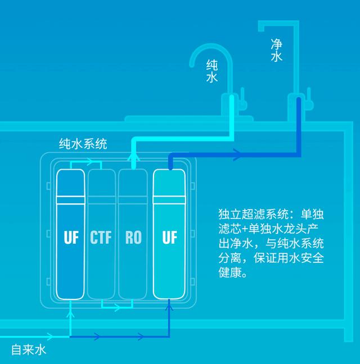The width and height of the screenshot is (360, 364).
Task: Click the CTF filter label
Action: click(x=101, y=237)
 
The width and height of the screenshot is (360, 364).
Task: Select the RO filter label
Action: click(x=133, y=237)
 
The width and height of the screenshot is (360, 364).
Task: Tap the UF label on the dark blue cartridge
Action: click(x=71, y=237)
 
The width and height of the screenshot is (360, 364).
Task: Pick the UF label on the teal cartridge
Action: click(x=169, y=237)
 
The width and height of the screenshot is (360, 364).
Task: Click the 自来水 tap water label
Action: click(x=29, y=350)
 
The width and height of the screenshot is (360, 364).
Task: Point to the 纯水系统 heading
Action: click(x=83, y=144)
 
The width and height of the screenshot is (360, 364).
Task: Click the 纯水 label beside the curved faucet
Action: click(x=211, y=71)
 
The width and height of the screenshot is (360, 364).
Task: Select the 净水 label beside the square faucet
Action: click(x=277, y=50)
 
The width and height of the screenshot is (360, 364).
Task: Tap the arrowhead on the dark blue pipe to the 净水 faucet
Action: click(x=237, y=155)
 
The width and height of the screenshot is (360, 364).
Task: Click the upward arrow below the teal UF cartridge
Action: click(x=169, y=307)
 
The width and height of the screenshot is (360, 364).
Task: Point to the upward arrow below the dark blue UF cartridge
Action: click(x=70, y=315)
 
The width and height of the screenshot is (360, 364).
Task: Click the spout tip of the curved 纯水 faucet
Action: click(x=192, y=65)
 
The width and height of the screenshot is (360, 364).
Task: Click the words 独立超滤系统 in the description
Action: click(x=253, y=214)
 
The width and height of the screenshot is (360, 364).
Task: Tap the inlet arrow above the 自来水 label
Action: click(x=49, y=336)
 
